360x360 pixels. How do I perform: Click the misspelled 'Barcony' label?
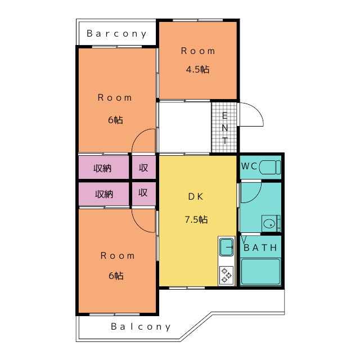click(116, 34)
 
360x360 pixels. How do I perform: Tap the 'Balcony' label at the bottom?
click(141, 326)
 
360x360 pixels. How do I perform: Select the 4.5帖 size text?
click(197, 69)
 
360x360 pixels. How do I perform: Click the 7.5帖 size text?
click(196, 219)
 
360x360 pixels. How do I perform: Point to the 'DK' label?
click(196, 196)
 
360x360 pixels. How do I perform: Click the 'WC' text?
click(249, 166)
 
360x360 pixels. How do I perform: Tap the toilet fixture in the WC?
click(270, 167)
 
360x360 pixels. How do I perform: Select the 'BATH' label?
click(260, 247)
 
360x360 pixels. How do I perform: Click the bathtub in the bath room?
click(260, 272)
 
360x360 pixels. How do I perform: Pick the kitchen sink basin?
click(226, 247)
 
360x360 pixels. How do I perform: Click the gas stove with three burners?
click(226, 275)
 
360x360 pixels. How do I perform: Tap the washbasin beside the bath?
click(269, 223)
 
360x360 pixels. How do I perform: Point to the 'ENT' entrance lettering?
click(225, 128)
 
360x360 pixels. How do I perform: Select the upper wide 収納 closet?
click(103, 168)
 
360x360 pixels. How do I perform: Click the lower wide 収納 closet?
click(103, 194)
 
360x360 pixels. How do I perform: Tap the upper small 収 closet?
click(144, 168)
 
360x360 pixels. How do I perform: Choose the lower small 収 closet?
click(144, 194)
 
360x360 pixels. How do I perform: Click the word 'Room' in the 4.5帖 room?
click(198, 51)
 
